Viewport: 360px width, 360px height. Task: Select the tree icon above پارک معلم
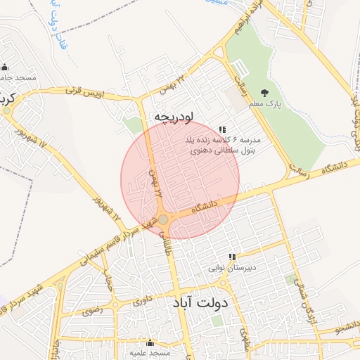(264, 93)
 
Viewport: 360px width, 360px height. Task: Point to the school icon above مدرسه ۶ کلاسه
(222, 129)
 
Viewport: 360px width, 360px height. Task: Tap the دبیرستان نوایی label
(231, 268)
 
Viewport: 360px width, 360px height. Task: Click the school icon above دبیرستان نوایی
(231, 257)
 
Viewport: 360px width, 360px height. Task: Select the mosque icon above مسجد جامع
(5, 67)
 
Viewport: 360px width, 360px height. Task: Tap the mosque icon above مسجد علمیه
(149, 342)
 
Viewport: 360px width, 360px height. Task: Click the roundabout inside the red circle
(163, 220)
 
